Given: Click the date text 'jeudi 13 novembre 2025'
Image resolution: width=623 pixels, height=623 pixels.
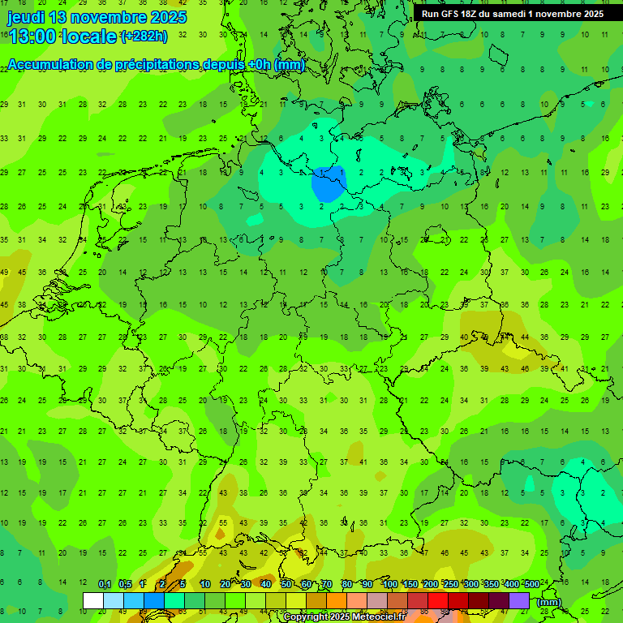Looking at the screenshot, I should (97, 17).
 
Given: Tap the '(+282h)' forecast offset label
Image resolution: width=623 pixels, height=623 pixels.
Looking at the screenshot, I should (144, 36).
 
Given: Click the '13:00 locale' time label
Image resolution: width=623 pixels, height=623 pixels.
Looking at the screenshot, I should (62, 36).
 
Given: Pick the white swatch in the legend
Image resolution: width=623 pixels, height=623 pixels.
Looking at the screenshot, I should (93, 601).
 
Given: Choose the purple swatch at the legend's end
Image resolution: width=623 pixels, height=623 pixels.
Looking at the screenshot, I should (519, 601).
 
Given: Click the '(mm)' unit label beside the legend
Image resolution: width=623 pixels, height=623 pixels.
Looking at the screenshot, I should (548, 602).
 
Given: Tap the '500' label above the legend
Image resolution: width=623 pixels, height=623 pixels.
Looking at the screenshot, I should (531, 585).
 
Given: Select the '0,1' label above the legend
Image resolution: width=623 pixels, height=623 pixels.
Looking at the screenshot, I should (105, 585).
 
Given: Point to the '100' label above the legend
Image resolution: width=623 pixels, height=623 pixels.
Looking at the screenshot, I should (390, 585).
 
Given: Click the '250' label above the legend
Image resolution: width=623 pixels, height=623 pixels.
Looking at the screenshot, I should (450, 585).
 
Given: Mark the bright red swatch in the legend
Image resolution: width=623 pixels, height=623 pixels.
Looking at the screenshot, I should (438, 601).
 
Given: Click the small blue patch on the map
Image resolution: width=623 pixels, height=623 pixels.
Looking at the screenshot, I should (328, 184).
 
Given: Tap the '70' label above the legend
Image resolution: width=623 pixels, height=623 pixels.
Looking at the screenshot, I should (327, 585).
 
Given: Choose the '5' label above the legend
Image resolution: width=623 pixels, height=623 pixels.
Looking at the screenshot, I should (183, 585).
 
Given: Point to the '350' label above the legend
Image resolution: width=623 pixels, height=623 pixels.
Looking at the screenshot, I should (491, 585).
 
